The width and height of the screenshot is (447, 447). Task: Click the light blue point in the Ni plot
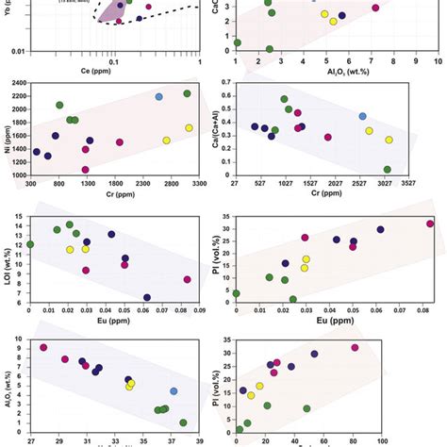[159, 97]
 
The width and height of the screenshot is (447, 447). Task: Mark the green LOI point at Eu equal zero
[30, 244]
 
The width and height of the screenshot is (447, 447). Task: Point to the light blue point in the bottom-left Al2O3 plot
[174, 391]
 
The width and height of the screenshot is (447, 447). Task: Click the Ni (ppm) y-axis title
[7, 128]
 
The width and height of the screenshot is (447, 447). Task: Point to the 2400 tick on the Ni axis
[20, 83]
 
